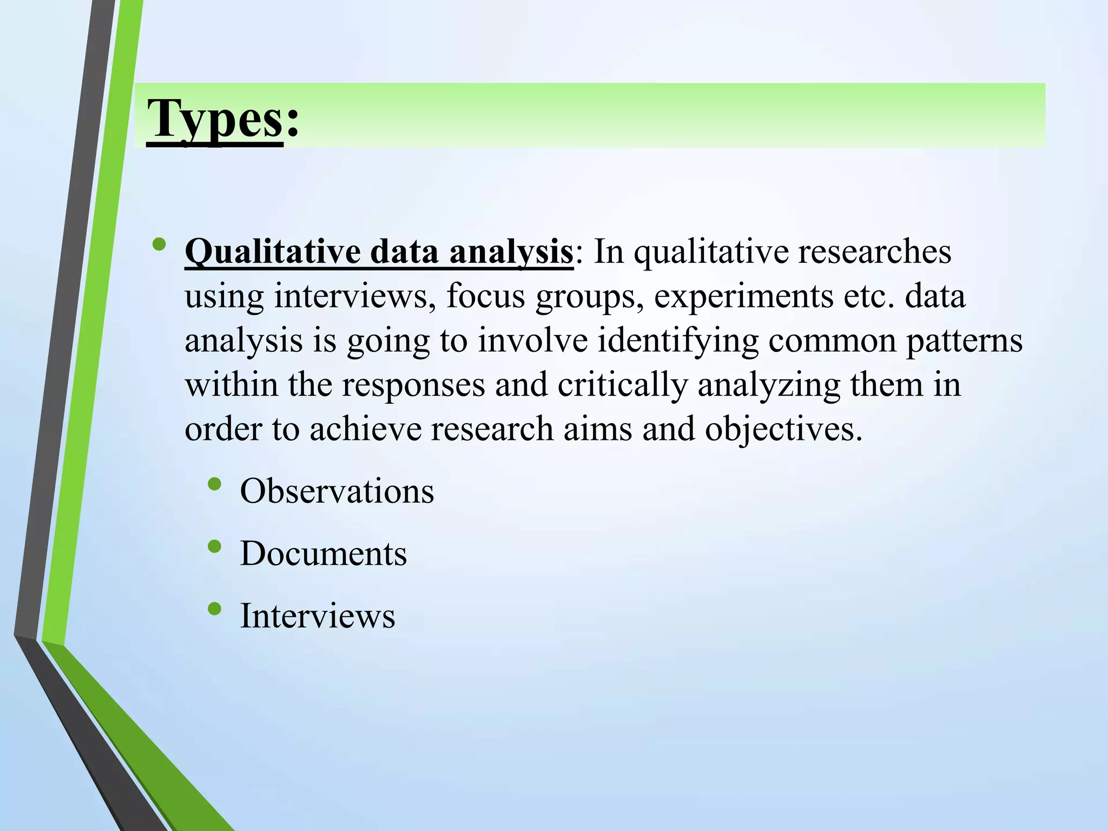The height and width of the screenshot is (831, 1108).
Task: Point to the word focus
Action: pyautogui.click(x=486, y=296)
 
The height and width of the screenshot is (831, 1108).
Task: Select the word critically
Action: pyautogui.click(x=623, y=385)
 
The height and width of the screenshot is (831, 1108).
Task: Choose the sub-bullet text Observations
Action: pyautogui.click(x=337, y=491)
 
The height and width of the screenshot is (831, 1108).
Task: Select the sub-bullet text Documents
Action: pyautogui.click(x=324, y=553)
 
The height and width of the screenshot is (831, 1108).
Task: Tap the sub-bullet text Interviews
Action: pyautogui.click(x=318, y=616)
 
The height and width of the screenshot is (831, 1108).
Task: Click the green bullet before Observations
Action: pyautogui.click(x=214, y=484)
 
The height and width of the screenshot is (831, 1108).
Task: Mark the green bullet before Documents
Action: pyautogui.click(x=214, y=546)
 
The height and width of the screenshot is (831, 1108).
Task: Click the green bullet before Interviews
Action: pyautogui.click(x=214, y=609)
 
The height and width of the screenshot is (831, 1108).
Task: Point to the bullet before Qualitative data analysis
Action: pyautogui.click(x=159, y=245)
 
